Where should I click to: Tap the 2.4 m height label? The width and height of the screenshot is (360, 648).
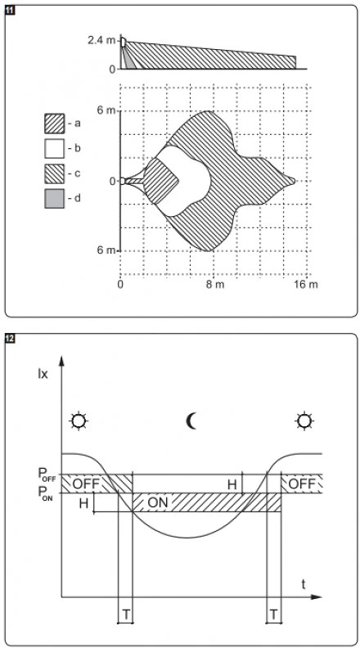click(x=101, y=39)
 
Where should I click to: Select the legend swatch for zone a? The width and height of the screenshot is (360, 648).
click(x=54, y=124)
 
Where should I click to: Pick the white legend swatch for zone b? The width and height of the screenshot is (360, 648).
click(x=54, y=149)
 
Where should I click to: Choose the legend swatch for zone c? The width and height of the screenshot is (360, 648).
click(x=54, y=173)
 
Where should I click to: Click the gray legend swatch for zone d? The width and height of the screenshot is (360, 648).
click(x=54, y=199)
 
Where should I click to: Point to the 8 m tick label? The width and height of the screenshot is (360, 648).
click(x=214, y=285)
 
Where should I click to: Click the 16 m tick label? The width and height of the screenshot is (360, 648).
click(x=304, y=285)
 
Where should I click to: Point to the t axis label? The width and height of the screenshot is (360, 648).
click(x=303, y=585)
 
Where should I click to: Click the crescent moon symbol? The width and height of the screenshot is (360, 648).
click(x=192, y=421)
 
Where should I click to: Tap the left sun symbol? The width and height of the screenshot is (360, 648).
click(x=78, y=421)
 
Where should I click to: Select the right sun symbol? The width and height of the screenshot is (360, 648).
click(x=305, y=421)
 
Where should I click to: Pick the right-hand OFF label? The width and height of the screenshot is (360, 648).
click(x=300, y=484)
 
